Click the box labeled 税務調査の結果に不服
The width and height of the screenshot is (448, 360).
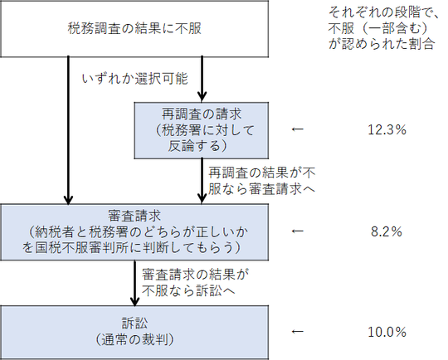pyautogui.click(x=134, y=28)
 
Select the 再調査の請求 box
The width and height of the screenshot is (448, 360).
pyautogui.click(x=202, y=130)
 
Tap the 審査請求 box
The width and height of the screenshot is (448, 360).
pyautogui.click(x=134, y=232)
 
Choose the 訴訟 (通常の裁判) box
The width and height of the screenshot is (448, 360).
pyautogui.click(x=134, y=333)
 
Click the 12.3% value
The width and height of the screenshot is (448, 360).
pyautogui.click(x=387, y=130)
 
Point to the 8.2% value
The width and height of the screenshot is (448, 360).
pyautogui.click(x=387, y=231)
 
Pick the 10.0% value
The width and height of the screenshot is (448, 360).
pyautogui.click(x=387, y=332)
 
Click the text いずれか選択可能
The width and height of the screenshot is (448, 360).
pyautogui.click(x=135, y=79)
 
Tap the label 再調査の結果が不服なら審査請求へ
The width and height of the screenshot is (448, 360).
pyautogui.click(x=261, y=181)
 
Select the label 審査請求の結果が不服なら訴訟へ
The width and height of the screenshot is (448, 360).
pyautogui.click(x=196, y=283)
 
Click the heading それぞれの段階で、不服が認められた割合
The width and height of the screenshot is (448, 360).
pyautogui.click(x=382, y=28)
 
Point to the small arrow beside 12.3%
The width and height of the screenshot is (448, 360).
pyautogui.click(x=298, y=129)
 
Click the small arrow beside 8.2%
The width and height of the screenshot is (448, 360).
pyautogui.click(x=298, y=231)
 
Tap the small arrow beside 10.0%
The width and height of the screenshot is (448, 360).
pyautogui.click(x=298, y=332)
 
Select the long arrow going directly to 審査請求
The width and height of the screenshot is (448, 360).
pyautogui.click(x=68, y=130)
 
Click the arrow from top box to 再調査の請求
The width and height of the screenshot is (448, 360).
pyautogui.click(x=202, y=79)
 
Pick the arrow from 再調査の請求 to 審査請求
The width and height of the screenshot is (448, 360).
pyautogui.click(x=202, y=181)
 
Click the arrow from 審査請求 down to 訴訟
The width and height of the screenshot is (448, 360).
pyautogui.click(x=134, y=283)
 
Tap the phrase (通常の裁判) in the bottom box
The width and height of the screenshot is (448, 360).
pyautogui.click(x=134, y=340)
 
